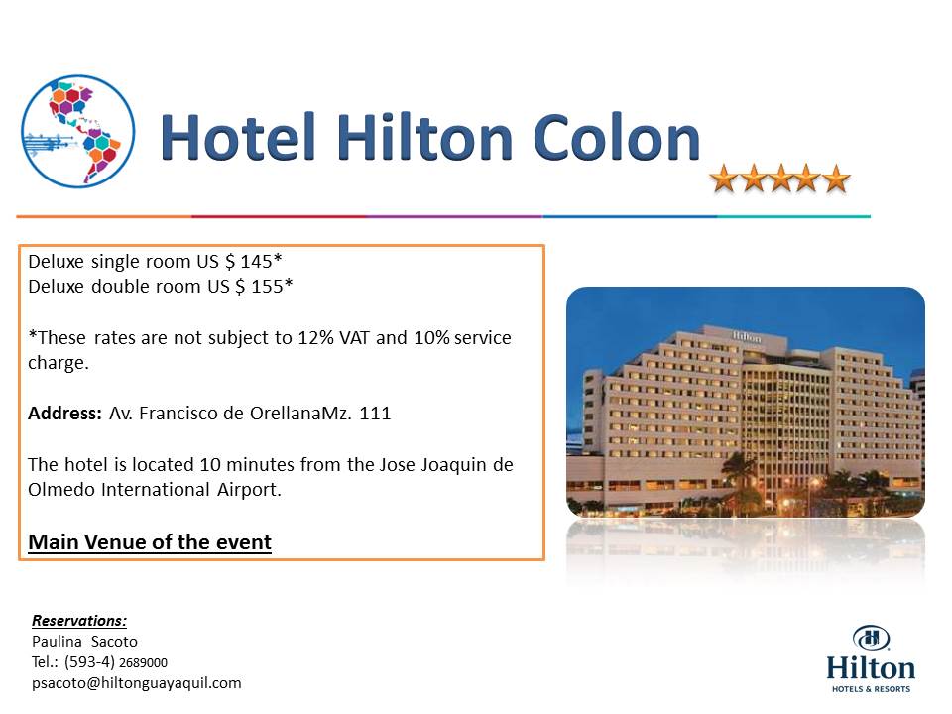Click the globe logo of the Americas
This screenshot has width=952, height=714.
tap(77, 131)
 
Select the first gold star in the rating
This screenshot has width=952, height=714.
tap(723, 178)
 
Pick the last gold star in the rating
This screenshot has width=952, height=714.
tap(836, 178)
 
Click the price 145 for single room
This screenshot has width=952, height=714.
tap(256, 262)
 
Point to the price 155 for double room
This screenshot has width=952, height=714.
tap(267, 287)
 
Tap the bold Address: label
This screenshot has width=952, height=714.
tap(65, 414)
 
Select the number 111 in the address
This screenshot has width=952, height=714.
tap(375, 414)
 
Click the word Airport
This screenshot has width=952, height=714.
tap(250, 490)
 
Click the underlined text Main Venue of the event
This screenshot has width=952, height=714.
tap(150, 542)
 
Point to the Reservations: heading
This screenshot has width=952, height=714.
tap(79, 621)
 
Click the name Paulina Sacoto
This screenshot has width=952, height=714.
tap(84, 642)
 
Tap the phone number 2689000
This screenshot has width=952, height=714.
tap(143, 663)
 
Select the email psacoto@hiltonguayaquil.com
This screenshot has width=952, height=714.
tap(137, 683)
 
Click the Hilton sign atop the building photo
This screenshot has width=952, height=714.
tap(746, 336)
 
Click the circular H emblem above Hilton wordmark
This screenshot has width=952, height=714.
tap(871, 638)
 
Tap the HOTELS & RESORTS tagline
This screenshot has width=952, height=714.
tap(871, 689)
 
